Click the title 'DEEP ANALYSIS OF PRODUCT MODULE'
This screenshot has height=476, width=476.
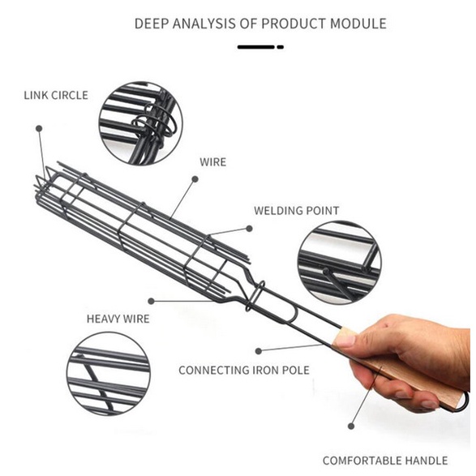tap(260, 24)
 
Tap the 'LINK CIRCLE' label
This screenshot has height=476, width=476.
tap(56, 96)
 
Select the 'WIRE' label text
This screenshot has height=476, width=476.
tap(212, 162)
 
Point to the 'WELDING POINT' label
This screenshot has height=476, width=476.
tap(296, 211)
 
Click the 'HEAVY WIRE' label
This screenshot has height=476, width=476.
tap(118, 319)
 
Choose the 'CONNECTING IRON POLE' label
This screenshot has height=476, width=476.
tap(244, 371)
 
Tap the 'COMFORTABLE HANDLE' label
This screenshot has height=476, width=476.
tap(385, 461)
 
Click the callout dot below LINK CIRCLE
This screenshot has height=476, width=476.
tap(39, 128)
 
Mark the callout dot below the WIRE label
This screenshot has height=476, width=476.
tap(195, 179)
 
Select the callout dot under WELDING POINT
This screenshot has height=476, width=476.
tap(249, 229)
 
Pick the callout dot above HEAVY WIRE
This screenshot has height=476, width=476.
tap(151, 301)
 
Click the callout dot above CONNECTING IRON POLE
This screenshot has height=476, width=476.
tap(259, 351)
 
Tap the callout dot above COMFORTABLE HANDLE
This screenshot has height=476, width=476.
tap(351, 427)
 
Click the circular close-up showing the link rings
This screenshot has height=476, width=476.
tap(141, 123)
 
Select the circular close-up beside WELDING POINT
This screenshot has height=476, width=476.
tap(340, 263)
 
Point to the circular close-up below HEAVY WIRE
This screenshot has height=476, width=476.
tap(109, 374)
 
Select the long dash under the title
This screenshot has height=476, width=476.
tap(256, 47)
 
